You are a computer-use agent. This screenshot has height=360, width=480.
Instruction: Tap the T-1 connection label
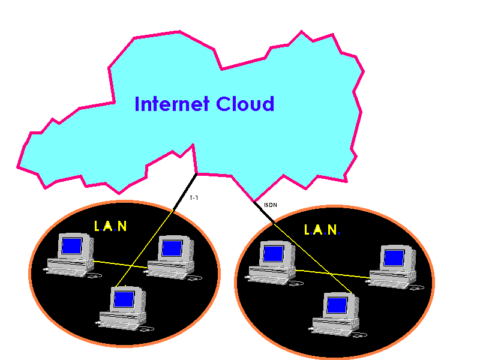click(x=193, y=197)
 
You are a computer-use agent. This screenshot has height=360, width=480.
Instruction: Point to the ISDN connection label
click(x=270, y=205)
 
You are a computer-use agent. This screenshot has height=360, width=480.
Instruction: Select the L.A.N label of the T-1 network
click(x=111, y=226)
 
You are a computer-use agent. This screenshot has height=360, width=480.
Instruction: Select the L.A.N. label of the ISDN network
click(x=322, y=230)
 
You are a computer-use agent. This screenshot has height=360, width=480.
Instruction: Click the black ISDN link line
click(x=265, y=213)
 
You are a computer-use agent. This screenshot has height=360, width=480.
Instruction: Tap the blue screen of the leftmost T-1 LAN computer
click(x=71, y=245)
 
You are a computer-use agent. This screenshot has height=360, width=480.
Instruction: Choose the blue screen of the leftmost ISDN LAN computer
click(x=273, y=253)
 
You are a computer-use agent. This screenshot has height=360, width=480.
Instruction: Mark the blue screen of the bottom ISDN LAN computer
click(x=337, y=305)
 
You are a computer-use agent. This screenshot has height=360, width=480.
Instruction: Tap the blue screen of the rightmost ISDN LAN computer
click(x=394, y=257)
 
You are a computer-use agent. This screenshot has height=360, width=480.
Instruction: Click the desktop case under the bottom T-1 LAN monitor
click(x=122, y=318)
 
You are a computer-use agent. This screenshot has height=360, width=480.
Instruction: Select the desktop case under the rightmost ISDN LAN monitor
click(x=392, y=277)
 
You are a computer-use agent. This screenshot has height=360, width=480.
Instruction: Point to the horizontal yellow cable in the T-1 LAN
click(x=120, y=265)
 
